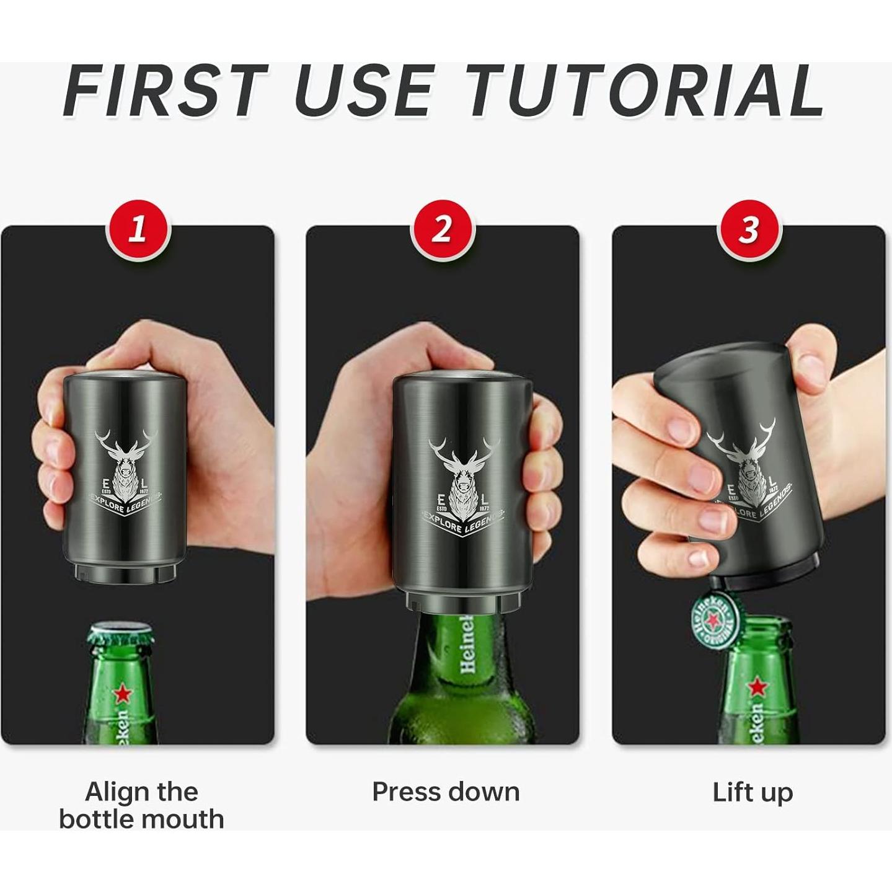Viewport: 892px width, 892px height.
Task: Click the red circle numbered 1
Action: (138, 230)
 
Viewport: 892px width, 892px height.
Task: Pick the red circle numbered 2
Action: (441, 230)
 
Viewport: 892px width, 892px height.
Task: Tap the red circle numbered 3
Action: (749, 230)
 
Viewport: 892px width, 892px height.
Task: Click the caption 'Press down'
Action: (445, 792)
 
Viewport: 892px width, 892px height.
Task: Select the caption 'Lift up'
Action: (752, 792)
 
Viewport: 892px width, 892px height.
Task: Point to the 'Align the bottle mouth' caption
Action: (141, 805)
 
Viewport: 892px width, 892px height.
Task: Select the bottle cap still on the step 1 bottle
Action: (120, 634)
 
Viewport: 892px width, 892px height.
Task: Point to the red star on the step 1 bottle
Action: (121, 694)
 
